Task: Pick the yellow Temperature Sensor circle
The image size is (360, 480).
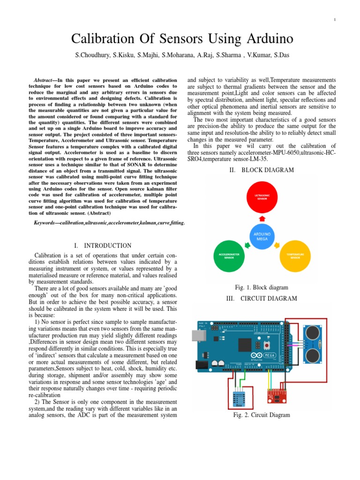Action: point(295,256)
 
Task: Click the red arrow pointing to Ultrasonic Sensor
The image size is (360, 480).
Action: point(262,218)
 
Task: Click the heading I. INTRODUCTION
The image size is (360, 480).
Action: point(103,246)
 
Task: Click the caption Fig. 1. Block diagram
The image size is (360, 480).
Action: point(262,287)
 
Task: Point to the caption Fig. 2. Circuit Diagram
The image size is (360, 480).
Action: point(262,415)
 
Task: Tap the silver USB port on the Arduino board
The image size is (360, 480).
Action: point(197,335)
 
